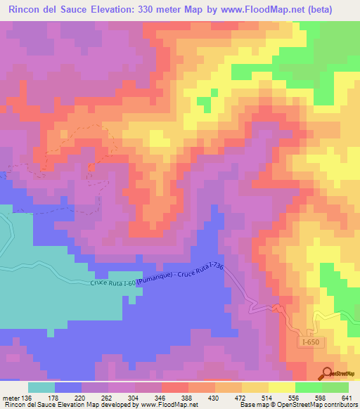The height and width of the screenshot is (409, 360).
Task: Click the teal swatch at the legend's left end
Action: tap(41, 387)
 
